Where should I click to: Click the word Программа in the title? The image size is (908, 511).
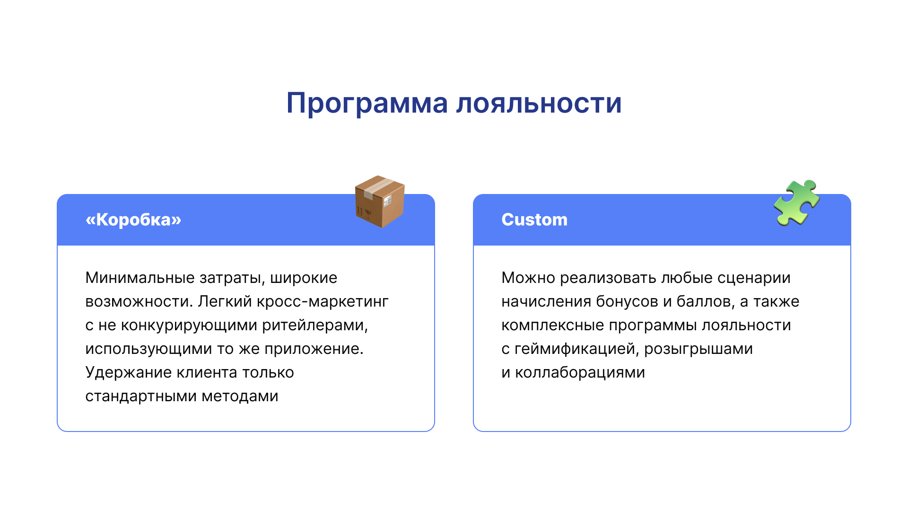[367, 104]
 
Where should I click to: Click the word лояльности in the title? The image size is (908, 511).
[539, 103]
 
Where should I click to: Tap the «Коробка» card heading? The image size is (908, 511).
[133, 220]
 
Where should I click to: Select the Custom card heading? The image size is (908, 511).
[534, 220]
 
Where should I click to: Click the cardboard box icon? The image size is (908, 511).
[380, 202]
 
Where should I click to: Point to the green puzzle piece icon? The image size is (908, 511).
[797, 203]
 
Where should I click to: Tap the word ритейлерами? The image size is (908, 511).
[315, 326]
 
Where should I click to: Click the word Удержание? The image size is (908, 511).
[128, 372]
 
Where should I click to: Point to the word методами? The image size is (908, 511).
[240, 396]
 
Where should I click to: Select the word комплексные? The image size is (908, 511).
[552, 325]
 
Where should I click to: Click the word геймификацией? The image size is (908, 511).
[577, 349]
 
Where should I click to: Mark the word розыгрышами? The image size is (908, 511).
[698, 349]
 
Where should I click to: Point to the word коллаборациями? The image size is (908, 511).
[580, 373]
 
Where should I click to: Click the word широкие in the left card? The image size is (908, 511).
[304, 278]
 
